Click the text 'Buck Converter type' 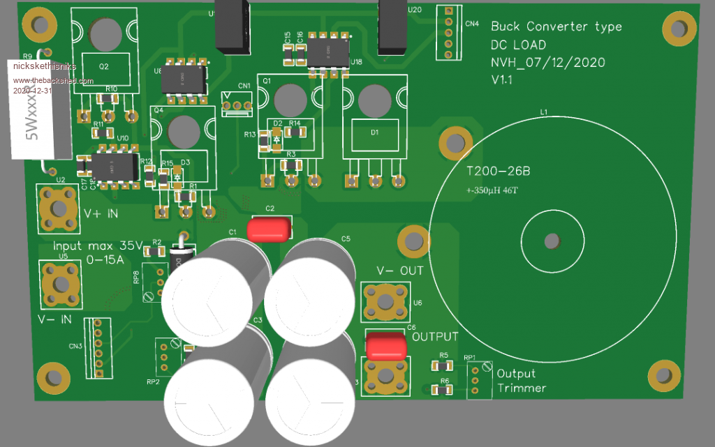pos(556,27)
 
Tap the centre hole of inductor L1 pos(552,241)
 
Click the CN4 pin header pos(448,31)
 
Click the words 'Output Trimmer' pos(521,381)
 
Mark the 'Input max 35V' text pos(97,246)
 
